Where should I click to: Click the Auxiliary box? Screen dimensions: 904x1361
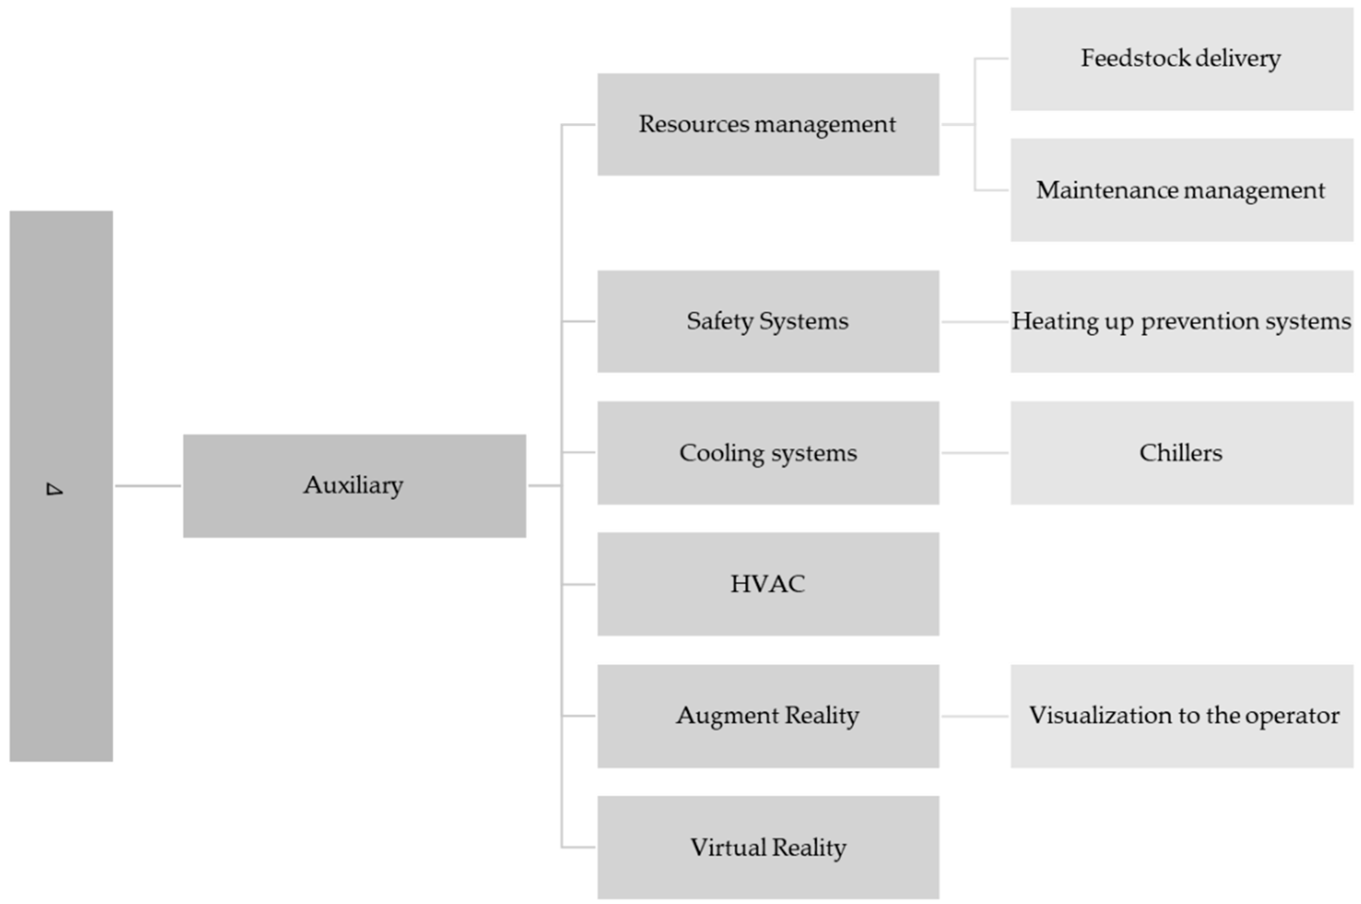(x=354, y=485)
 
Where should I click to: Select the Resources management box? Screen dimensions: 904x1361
(x=768, y=124)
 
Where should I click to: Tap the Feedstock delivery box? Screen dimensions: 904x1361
(x=1181, y=58)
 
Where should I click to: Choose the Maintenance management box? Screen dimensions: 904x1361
(x=1181, y=190)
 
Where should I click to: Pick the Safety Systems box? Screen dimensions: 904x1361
(x=768, y=321)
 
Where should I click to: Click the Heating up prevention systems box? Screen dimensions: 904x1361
(x=1181, y=321)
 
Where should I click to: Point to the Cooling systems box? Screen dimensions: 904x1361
(x=768, y=452)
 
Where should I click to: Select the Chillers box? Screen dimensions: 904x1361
(x=1181, y=452)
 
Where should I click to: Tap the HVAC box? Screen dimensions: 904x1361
(x=768, y=584)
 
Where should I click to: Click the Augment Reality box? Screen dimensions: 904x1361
(x=768, y=716)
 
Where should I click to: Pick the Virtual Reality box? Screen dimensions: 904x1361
(x=768, y=847)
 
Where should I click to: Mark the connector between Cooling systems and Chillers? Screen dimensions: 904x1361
(x=975, y=452)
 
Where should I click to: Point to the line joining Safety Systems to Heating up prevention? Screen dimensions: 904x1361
(x=975, y=322)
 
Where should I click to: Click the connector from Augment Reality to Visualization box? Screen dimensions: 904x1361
(x=975, y=716)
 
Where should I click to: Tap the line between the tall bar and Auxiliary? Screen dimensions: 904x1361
(x=148, y=485)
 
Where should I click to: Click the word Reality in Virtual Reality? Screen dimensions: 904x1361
(x=809, y=847)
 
